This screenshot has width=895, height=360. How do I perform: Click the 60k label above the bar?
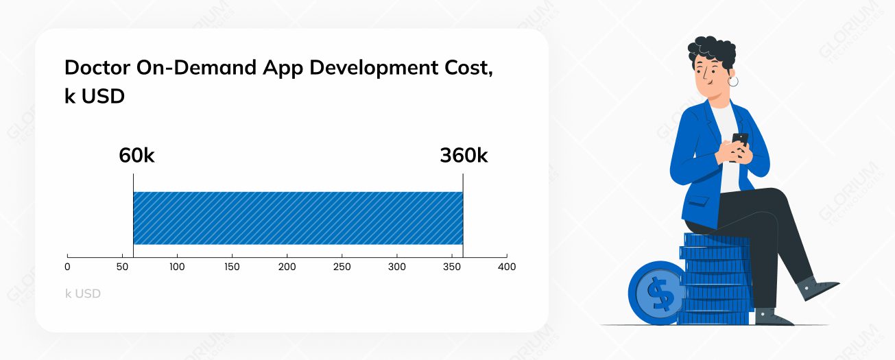(136, 156)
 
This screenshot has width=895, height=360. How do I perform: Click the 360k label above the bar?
(464, 156)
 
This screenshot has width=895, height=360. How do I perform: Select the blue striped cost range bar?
(298, 218)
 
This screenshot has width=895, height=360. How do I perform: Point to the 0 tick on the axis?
(67, 266)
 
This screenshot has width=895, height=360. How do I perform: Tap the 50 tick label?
(122, 266)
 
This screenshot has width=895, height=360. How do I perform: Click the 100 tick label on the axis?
(177, 266)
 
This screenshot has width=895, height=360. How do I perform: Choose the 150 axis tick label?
(232, 266)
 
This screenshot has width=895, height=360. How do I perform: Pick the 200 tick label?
(287, 266)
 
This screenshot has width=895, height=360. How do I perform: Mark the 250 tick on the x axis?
(342, 266)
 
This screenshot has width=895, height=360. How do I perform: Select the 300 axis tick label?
(396, 266)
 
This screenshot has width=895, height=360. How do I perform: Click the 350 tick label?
(451, 266)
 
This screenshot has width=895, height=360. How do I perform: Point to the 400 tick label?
(506, 266)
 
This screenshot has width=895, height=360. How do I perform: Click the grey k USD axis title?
(83, 293)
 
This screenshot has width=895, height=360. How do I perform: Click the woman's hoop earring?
(733, 82)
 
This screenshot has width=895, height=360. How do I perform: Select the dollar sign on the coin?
(660, 294)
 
